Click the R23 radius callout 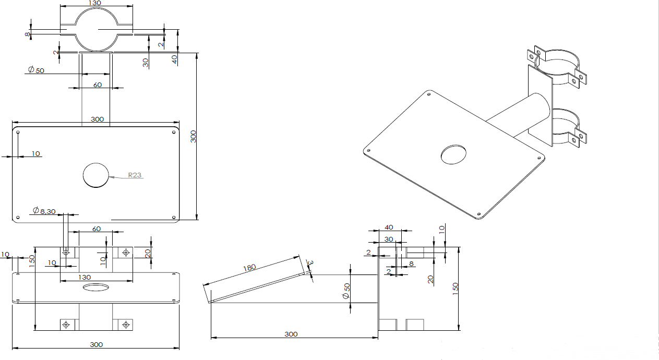click(135, 175)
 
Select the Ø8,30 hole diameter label click(44, 211)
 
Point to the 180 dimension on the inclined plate click(249, 268)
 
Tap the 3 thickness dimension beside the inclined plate click(310, 262)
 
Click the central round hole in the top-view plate click(95, 175)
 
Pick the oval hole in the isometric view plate click(453, 154)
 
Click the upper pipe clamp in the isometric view click(557, 67)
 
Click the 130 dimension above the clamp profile click(95, 3)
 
